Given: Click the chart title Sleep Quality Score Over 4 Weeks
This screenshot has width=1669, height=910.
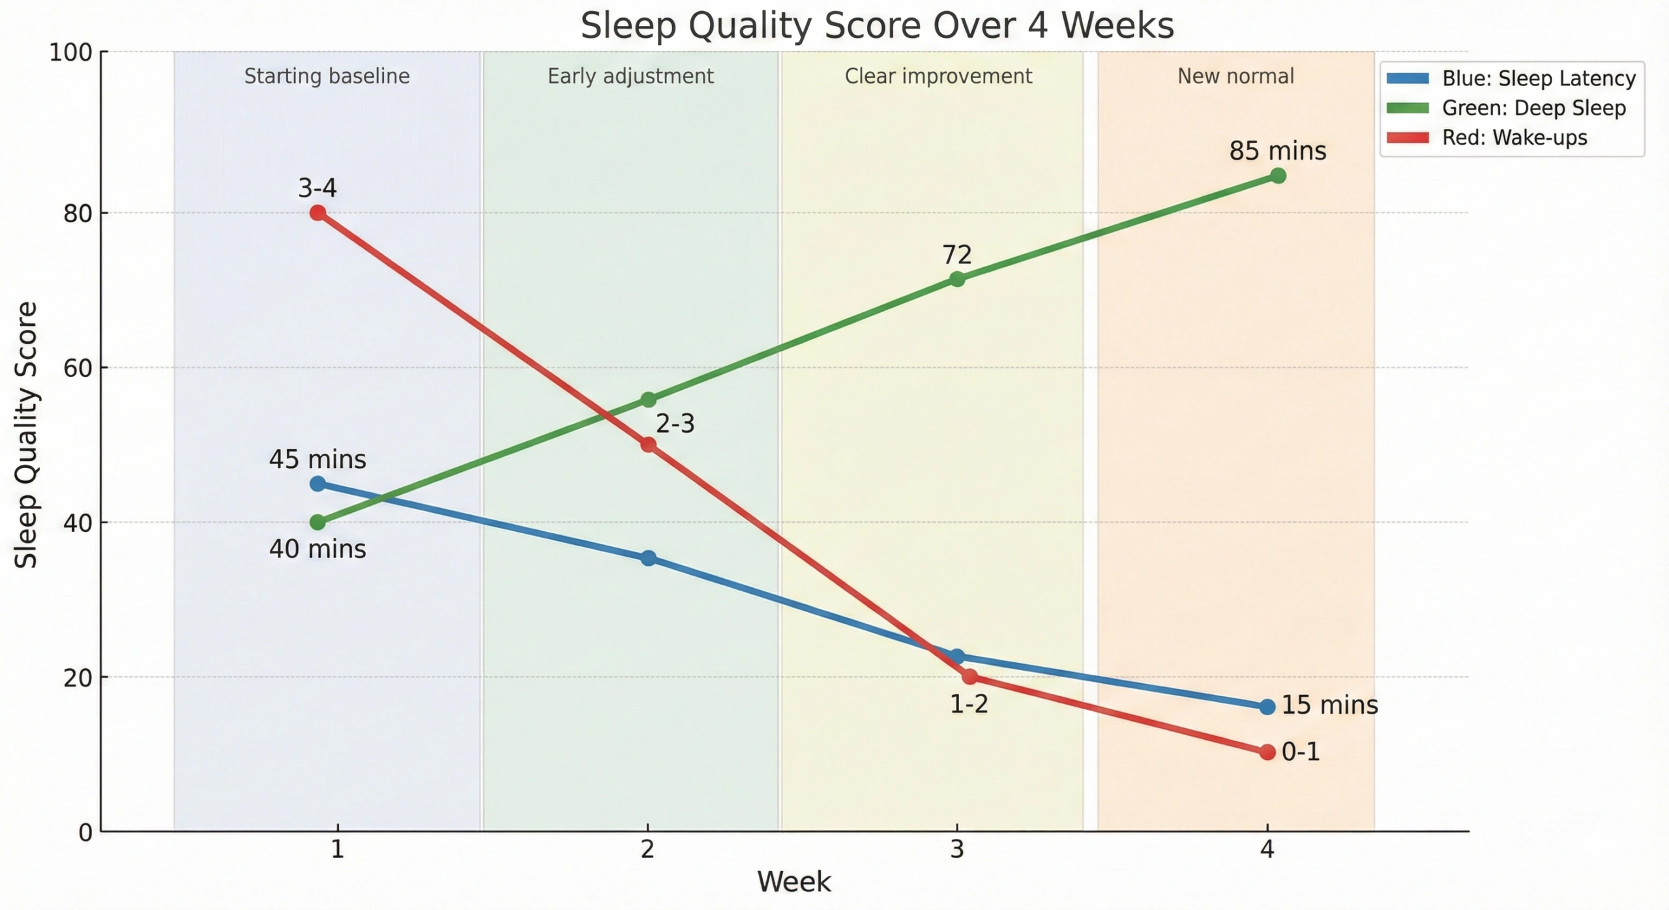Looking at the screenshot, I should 877,26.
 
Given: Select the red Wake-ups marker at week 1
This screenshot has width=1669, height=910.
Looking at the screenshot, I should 318,213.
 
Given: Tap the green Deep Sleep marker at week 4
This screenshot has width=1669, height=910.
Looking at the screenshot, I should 1278,176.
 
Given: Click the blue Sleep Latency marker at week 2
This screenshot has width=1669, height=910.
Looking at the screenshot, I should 648,558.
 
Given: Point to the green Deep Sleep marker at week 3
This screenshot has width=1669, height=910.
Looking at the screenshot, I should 957,279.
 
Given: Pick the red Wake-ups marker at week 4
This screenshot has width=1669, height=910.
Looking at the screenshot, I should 1267,752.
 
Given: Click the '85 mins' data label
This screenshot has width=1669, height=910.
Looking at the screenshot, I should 1278,151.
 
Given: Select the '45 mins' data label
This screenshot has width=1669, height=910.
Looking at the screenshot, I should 318,460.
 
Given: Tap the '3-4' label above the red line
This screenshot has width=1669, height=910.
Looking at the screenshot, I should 318,188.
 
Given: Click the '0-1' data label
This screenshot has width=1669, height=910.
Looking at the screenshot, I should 1301,752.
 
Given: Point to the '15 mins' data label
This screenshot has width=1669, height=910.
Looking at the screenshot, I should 1330,705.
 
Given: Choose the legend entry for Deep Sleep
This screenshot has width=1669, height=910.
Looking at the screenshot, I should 1533,108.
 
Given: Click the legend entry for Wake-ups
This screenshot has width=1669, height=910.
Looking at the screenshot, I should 1514,138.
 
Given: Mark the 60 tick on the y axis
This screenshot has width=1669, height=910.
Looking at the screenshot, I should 78,368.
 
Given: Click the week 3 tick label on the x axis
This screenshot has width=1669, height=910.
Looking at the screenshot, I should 957,849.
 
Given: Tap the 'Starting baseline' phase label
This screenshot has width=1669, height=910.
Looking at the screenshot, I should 327,76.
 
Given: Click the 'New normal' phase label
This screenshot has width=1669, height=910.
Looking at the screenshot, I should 1235,76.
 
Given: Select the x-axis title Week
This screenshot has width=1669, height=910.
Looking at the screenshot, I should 793,882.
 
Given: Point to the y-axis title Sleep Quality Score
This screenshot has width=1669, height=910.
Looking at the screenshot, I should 26,435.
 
